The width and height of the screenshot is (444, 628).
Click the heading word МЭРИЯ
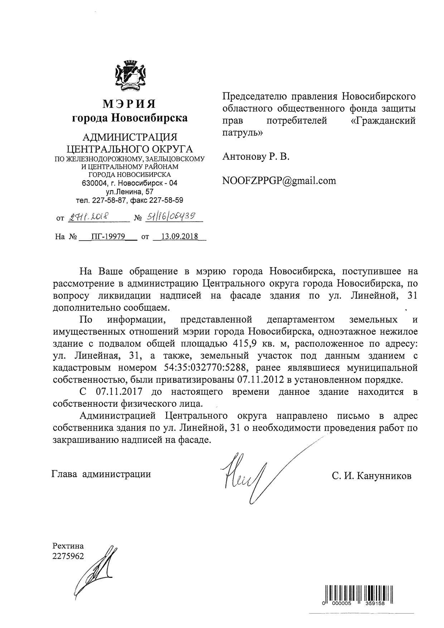pyautogui.click(x=130, y=104)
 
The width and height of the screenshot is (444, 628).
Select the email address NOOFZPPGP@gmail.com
pyautogui.click(x=279, y=180)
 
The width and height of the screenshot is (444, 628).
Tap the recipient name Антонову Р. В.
pyautogui.click(x=256, y=156)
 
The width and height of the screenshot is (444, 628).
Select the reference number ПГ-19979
pyautogui.click(x=108, y=237)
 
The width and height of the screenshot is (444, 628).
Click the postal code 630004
pyautogui.click(x=94, y=183)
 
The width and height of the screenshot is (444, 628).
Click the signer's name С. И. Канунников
pyautogui.click(x=372, y=476)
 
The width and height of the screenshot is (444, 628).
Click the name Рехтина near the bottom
pyautogui.click(x=68, y=546)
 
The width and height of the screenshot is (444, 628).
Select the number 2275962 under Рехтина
pyautogui.click(x=68, y=556)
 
